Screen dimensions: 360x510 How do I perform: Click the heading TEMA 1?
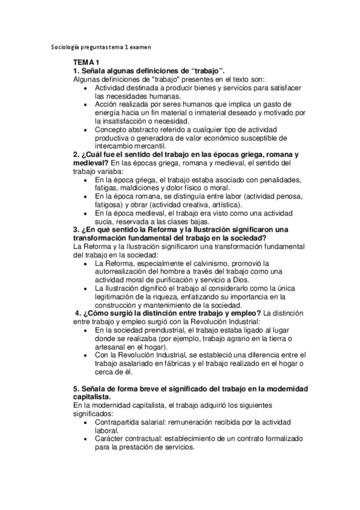point(86,62)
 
